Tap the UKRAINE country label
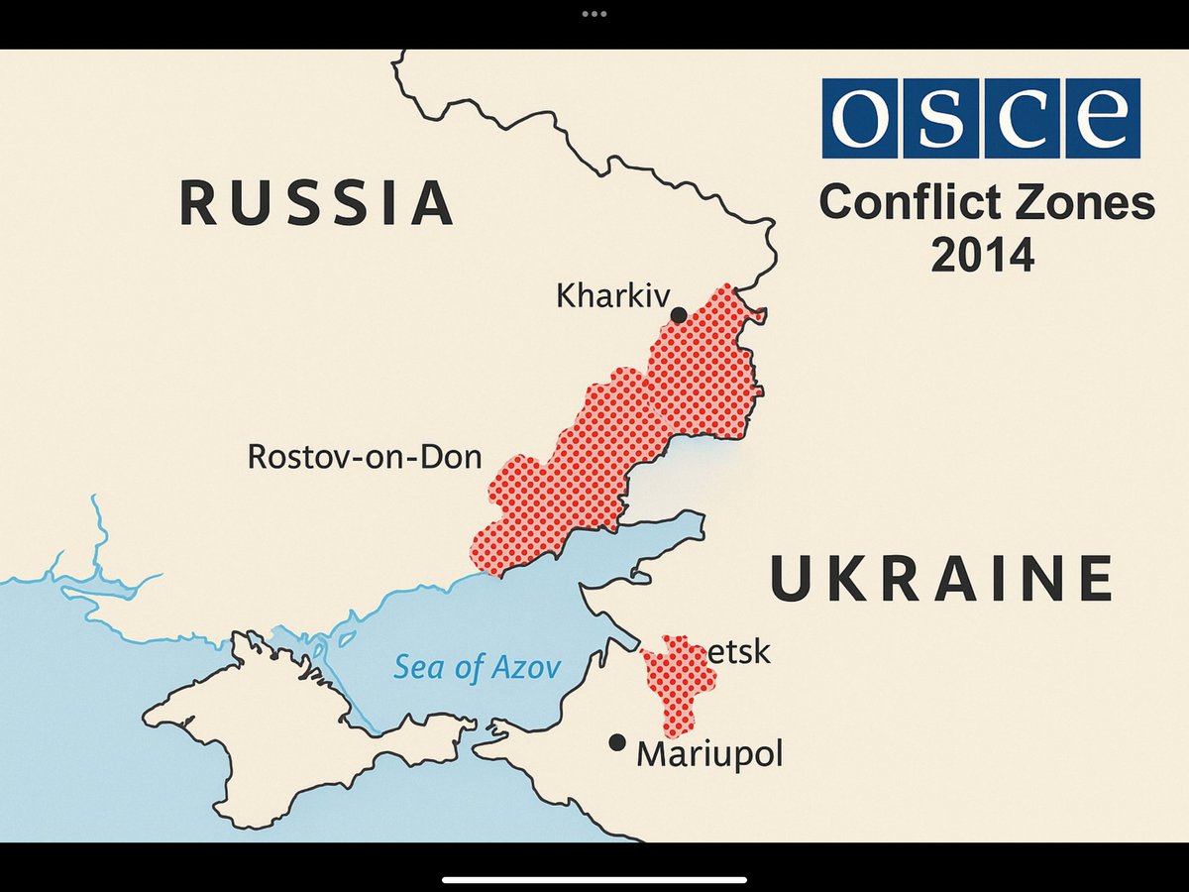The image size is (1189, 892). [941, 581]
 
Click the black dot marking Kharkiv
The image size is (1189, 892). [679, 315]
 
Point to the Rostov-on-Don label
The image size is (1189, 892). [365, 457]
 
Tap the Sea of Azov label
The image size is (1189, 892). [478, 667]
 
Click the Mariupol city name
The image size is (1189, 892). [709, 754]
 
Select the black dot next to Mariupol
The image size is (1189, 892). [617, 742]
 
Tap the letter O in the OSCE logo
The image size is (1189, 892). [860, 118]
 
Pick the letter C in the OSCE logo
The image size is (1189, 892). [1022, 118]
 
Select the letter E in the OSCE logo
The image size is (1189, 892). [1102, 118]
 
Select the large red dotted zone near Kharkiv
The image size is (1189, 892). [634, 426]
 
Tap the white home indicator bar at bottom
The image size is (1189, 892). [594, 878]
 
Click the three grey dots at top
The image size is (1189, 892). [594, 14]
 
